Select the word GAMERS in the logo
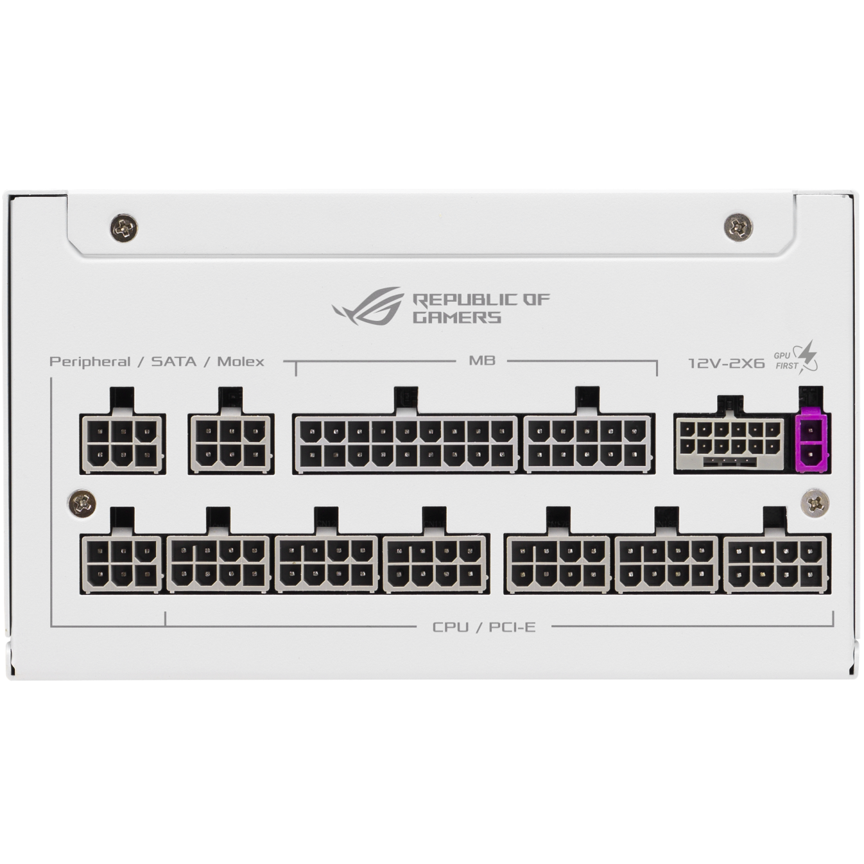(457, 318)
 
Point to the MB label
(482, 360)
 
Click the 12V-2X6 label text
(727, 362)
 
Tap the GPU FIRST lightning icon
(806, 358)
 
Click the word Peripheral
(90, 361)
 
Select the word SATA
(174, 361)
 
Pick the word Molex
(241, 361)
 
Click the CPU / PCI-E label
(484, 626)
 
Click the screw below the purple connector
(814, 505)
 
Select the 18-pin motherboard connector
(406, 444)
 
